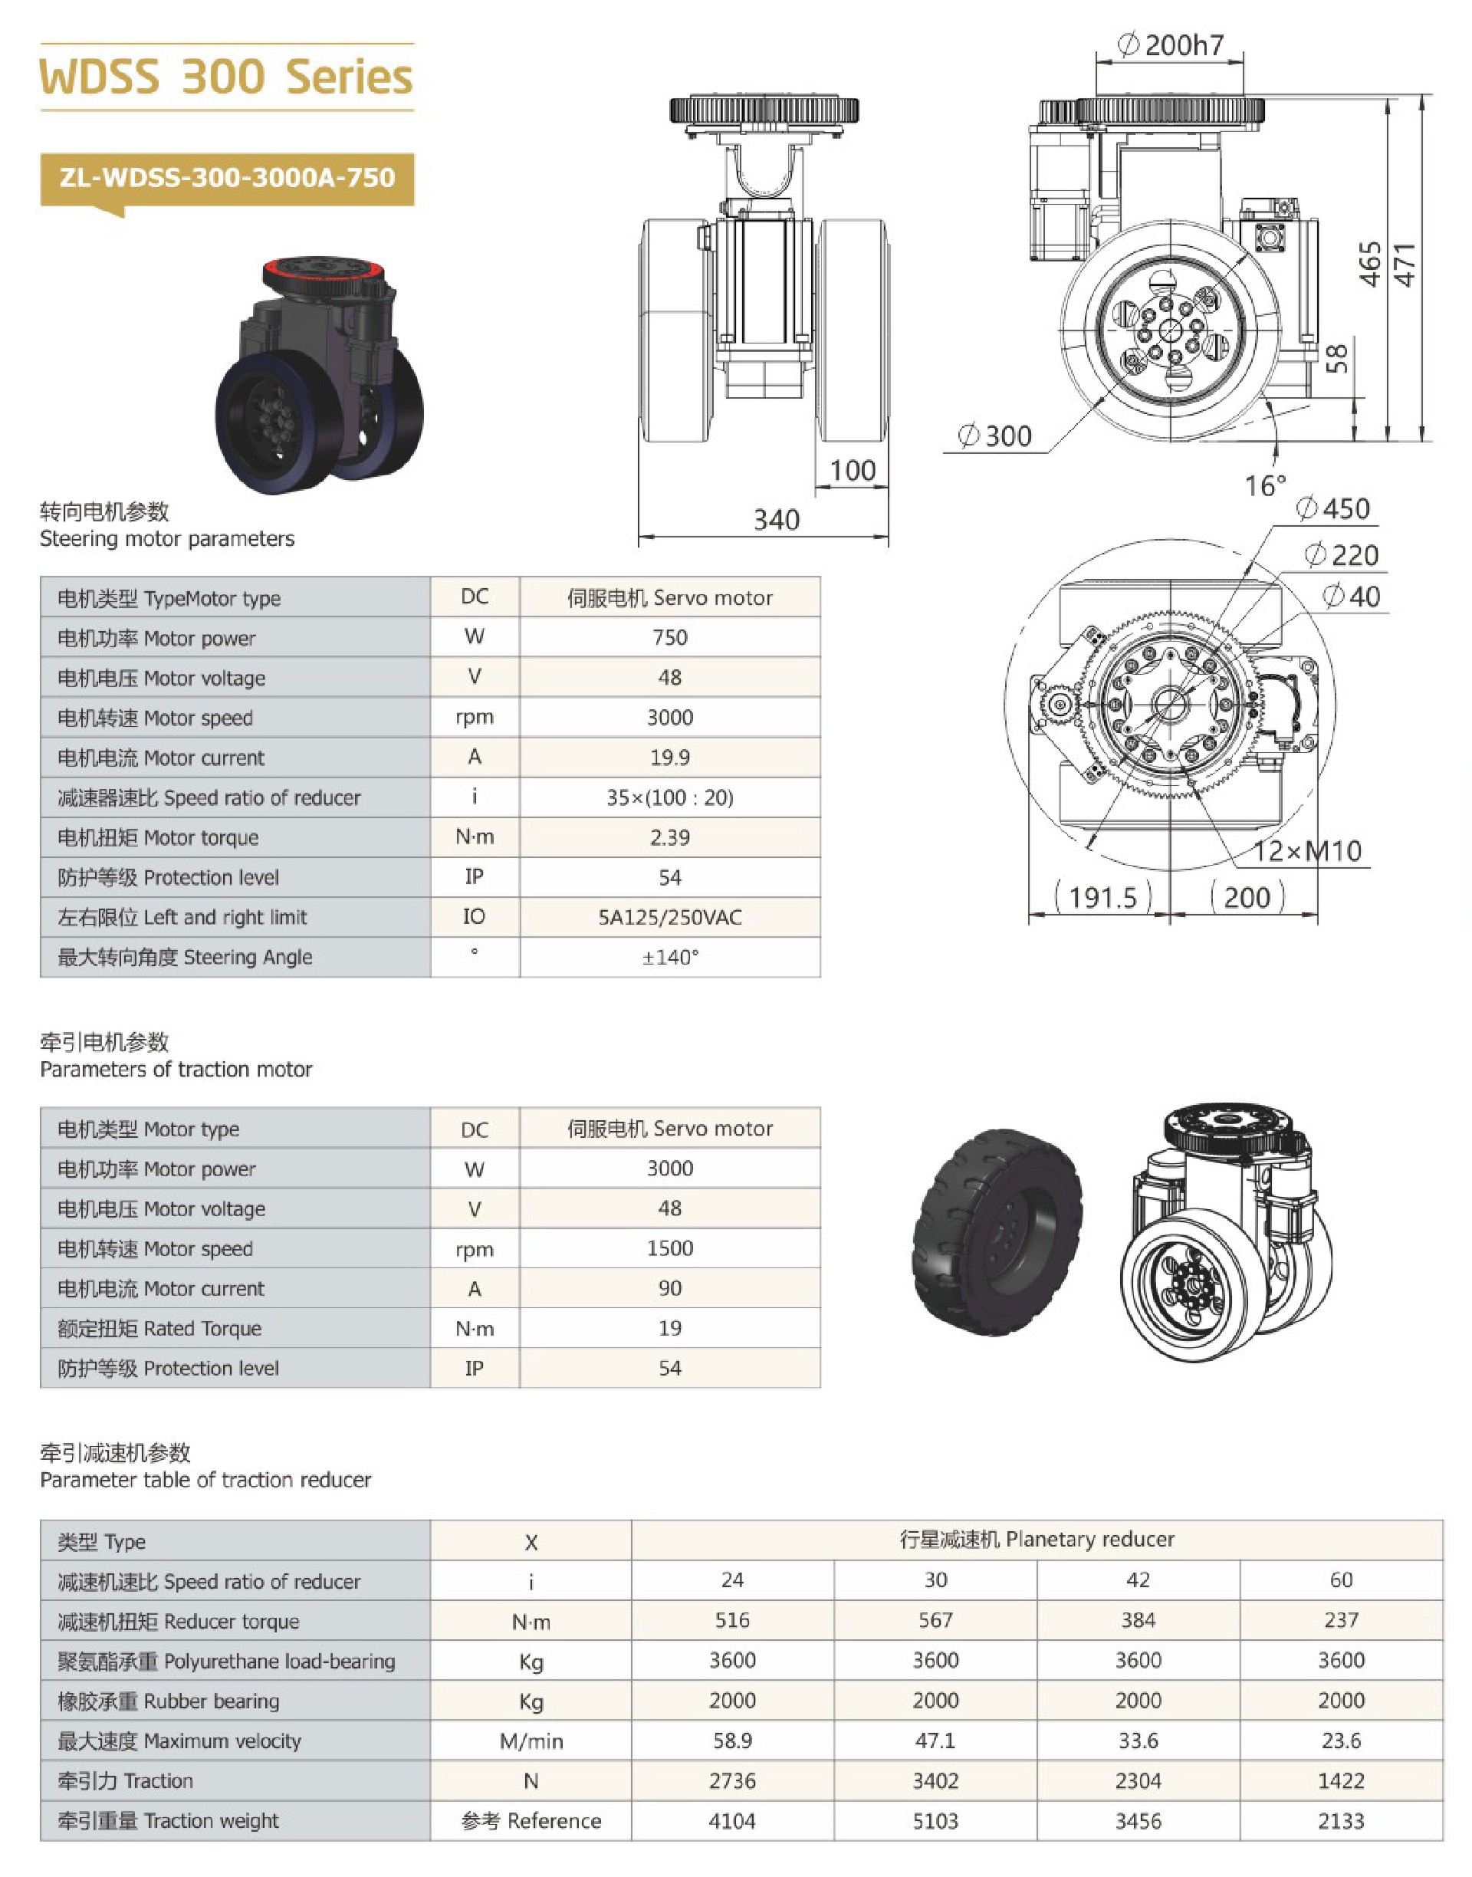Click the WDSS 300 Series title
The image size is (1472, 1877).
pos(226,77)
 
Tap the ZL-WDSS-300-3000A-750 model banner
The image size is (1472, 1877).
pos(227,179)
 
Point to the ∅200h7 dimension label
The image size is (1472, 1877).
pos(1171,44)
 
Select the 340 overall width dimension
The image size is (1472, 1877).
pos(777,520)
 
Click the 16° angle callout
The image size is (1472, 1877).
pos(1264,486)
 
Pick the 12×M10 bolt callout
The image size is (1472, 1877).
pos(1306,851)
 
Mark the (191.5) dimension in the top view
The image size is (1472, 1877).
pos(1102,897)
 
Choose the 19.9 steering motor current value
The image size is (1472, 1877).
pos(669,758)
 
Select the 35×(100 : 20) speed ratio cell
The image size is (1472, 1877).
pos(669,797)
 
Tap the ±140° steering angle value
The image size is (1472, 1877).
pos(669,958)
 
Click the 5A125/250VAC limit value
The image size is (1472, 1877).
pos(669,917)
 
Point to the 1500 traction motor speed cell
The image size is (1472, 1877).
pos(669,1249)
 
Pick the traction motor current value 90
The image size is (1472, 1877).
pos(669,1288)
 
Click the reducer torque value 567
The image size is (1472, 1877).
pos(935,1620)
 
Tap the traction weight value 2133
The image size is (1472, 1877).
pos(1341,1821)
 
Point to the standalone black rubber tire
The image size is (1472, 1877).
pos(997,1231)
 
